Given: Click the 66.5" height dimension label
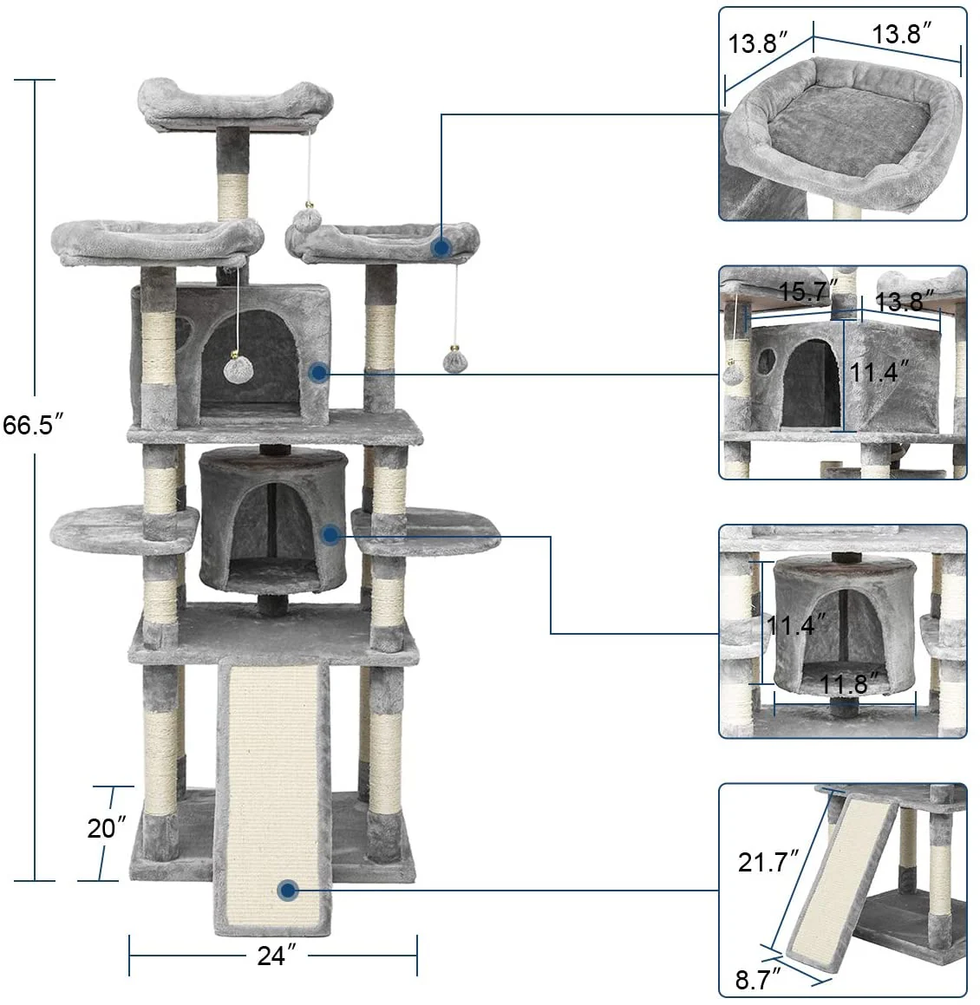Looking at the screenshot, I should [33, 426].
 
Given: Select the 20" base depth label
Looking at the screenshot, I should [107, 828].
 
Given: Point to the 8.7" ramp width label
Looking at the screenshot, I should [757, 981].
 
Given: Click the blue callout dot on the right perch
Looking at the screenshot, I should [441, 248].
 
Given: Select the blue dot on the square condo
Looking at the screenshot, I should [318, 374].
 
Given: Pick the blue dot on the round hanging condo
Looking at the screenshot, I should [330, 535].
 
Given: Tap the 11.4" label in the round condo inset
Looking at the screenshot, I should [791, 624].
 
